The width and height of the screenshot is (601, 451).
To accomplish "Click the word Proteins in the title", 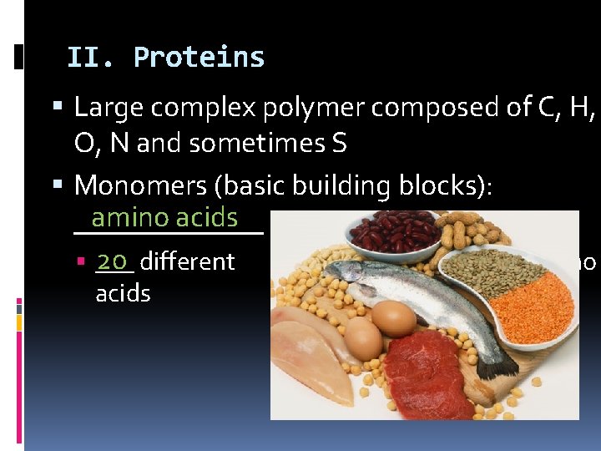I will click(x=199, y=58).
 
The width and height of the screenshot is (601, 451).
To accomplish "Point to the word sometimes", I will click(x=259, y=144).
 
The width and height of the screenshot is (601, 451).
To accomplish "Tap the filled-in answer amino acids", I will click(x=164, y=218).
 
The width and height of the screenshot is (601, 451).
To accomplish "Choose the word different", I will click(x=187, y=261).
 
